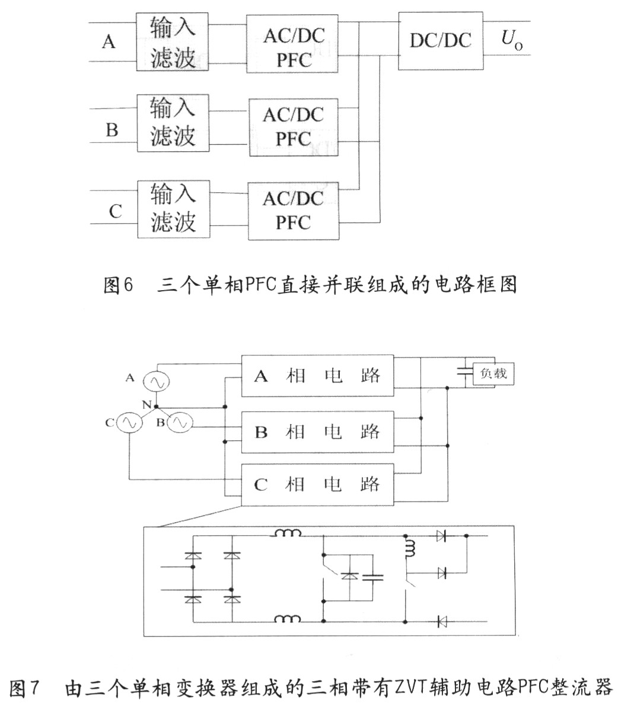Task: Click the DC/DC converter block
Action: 440,40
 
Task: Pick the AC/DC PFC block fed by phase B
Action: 294,126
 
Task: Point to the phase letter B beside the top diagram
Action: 112,129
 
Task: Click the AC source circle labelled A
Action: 159,381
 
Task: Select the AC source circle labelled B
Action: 179,423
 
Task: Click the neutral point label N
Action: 145,404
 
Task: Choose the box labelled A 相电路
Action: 317,376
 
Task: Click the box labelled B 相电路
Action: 317,431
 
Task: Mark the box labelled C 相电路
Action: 317,485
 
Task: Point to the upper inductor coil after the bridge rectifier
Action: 287,533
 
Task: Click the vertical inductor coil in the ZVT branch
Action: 409,548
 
